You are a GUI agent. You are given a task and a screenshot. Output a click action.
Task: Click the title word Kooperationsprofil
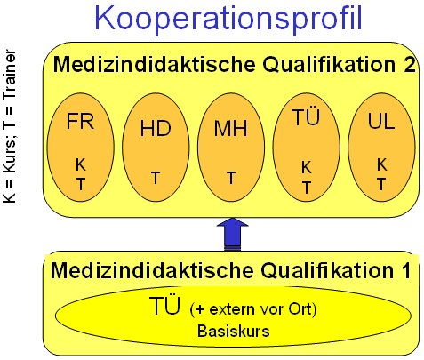pyautogui.click(x=228, y=19)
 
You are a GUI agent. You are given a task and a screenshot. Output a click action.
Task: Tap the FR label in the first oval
pyautogui.click(x=80, y=121)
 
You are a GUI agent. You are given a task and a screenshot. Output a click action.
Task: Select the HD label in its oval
pyautogui.click(x=156, y=128)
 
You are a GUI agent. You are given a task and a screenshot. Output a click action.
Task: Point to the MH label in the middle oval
pyautogui.click(x=230, y=128)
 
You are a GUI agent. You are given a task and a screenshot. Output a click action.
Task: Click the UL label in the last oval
pyautogui.click(x=381, y=121)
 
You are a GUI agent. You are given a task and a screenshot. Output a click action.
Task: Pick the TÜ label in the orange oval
pyautogui.click(x=306, y=116)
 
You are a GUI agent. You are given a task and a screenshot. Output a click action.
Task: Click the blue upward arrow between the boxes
pyautogui.click(x=233, y=234)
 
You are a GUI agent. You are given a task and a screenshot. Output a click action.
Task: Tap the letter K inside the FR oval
pyautogui.click(x=81, y=164)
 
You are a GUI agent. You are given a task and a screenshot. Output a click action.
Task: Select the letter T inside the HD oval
pyautogui.click(x=156, y=178)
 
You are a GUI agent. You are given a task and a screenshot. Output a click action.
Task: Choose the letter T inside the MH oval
pyautogui.click(x=231, y=178)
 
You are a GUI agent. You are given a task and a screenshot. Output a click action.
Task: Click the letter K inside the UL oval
pyautogui.click(x=381, y=164)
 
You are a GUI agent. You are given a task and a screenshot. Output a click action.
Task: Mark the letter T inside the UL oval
pyautogui.click(x=381, y=184)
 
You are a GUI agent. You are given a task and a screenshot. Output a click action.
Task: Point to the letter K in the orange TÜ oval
pyautogui.click(x=307, y=168)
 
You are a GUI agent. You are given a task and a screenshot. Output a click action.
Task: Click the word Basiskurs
pyautogui.click(x=234, y=331)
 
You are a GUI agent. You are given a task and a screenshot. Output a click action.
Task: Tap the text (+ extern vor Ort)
pyautogui.click(x=253, y=309)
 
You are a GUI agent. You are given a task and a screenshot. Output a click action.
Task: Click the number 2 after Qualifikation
pyautogui.click(x=410, y=64)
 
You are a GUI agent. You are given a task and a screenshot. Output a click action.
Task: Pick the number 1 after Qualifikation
pyautogui.click(x=406, y=270)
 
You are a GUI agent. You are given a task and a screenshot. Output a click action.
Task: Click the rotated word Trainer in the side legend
pyautogui.click(x=9, y=75)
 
